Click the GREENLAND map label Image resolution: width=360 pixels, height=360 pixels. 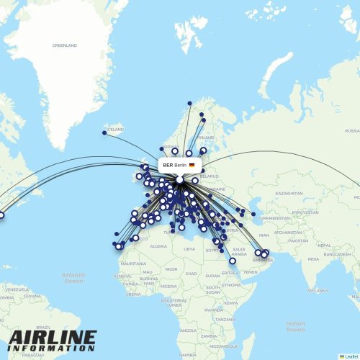pos(64,45)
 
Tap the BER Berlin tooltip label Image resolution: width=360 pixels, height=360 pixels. pos(175,165)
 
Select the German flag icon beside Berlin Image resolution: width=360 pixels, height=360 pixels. pos(192,165)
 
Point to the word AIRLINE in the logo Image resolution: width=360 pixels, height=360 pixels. pos(52,338)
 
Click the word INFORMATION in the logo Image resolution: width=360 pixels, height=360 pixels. pos(52,351)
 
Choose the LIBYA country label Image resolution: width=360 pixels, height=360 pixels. pos(189,249)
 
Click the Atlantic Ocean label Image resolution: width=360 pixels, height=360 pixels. pos(73,277)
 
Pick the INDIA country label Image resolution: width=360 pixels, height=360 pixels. pos(313,259)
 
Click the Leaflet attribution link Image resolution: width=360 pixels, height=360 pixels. pos(351,356)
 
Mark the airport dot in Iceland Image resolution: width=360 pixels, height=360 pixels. pos(104,132)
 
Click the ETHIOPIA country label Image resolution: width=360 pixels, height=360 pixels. pos(231,284)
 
